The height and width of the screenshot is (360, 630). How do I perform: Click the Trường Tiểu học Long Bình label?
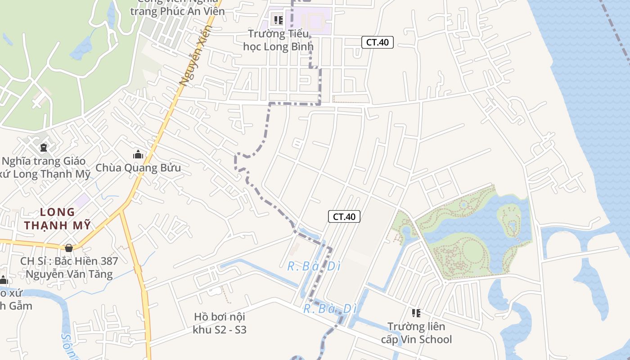278,40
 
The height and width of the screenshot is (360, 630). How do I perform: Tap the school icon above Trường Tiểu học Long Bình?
278,20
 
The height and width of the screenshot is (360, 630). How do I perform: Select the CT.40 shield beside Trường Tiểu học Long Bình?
378,42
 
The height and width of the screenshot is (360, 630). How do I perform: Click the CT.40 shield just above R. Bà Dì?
344,216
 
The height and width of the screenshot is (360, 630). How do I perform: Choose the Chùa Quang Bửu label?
138,168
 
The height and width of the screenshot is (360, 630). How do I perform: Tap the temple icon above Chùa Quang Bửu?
138,155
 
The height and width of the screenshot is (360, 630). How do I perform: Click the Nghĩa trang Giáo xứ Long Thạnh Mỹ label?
45,167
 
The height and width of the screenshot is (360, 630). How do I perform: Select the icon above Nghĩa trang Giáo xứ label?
43,147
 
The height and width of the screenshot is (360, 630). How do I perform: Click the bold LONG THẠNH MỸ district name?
58,218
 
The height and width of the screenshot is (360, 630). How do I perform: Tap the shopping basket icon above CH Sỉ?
69,248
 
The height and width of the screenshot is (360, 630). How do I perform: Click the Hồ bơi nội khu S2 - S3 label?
220,323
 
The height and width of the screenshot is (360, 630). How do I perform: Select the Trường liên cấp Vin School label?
416,333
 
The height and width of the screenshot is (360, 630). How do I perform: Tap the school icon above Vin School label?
416,313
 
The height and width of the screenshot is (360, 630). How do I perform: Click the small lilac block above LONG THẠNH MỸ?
82,200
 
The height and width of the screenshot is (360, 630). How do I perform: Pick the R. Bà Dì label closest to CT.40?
314,266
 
